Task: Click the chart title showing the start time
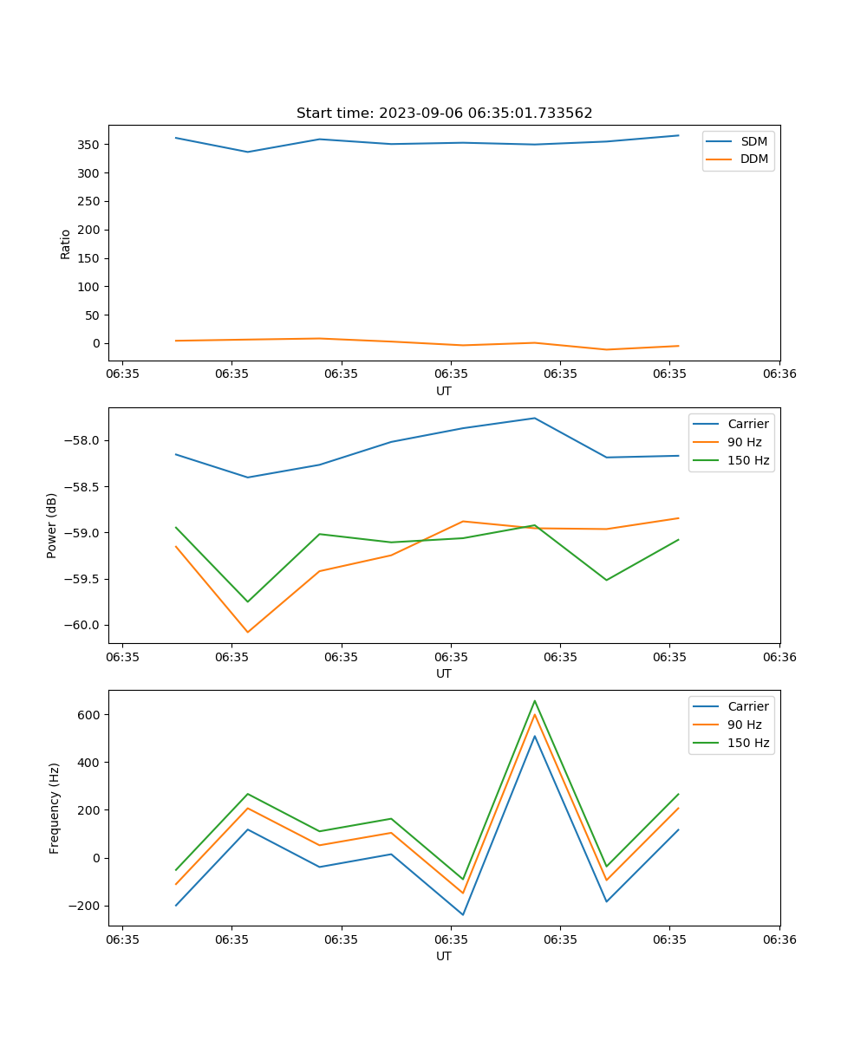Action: coord(444,114)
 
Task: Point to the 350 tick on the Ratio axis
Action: coord(90,145)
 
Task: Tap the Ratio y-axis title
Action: coord(66,244)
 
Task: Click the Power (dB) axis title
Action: coord(52,525)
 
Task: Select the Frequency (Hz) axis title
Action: coord(55,808)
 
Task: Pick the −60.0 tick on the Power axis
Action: coord(84,625)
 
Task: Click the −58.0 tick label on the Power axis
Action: coord(84,440)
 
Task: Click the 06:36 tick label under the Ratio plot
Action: coord(779,374)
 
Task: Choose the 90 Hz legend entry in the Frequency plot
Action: coord(744,725)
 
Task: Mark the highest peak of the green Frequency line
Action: coord(535,700)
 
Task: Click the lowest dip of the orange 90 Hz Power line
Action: coord(248,632)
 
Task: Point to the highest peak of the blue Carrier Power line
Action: coord(535,418)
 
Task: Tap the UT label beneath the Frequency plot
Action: coord(444,956)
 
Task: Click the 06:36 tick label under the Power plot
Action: coord(779,656)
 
